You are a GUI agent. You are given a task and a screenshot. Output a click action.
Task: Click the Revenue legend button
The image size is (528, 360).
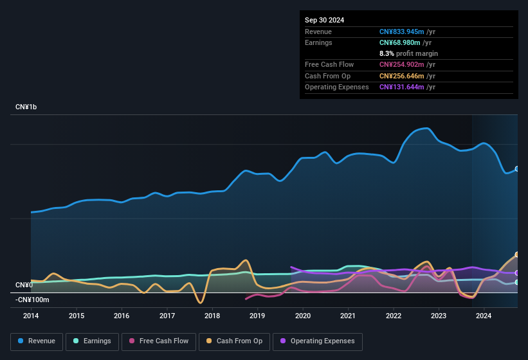tap(36, 341)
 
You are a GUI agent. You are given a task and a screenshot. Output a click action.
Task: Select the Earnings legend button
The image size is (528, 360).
tap(92, 341)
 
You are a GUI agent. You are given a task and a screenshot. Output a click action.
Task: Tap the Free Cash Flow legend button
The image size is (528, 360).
tap(159, 341)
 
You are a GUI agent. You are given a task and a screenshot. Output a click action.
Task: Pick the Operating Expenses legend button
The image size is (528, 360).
tap(318, 341)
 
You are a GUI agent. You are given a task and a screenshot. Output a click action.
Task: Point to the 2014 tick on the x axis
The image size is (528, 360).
tap(31, 316)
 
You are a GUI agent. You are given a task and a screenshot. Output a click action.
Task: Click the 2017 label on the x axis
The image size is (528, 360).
tap(167, 316)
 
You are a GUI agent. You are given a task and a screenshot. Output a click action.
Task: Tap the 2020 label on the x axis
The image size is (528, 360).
tap(303, 316)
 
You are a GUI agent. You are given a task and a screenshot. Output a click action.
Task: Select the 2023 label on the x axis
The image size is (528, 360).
tap(439, 316)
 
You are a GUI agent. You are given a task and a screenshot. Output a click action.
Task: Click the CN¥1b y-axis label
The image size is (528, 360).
tap(26, 107)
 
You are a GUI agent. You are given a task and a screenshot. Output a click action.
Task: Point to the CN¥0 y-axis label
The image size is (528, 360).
tap(24, 285)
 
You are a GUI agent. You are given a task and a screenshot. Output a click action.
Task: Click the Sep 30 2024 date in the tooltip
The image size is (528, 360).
tap(324, 20)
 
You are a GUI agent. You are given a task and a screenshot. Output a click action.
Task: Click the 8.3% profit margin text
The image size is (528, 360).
tap(408, 53)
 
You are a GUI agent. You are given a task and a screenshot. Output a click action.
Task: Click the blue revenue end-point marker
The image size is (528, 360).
tap(517, 168)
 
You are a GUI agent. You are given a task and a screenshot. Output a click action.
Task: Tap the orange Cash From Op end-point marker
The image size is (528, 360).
tap(517, 255)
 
